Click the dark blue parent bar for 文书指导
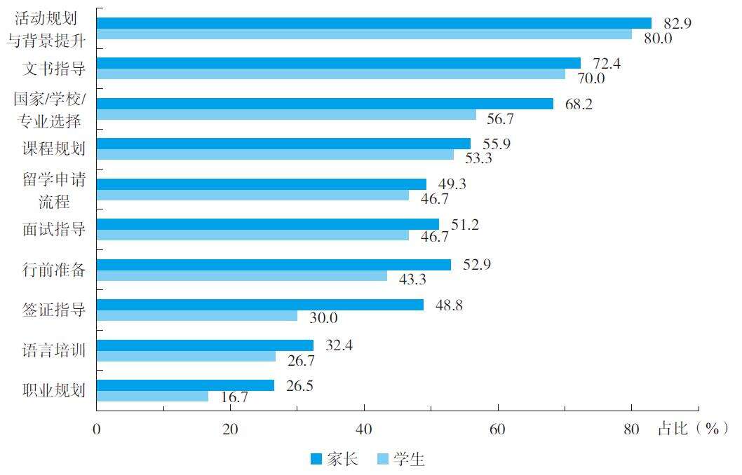point(338,63)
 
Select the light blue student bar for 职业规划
point(152,397)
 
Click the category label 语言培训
point(54,350)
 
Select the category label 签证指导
point(54,310)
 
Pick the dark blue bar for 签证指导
point(259,305)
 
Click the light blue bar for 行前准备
point(241,276)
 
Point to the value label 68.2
point(579,104)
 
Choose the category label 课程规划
point(54,149)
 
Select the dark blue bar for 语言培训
point(205,345)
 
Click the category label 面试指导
point(54,229)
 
